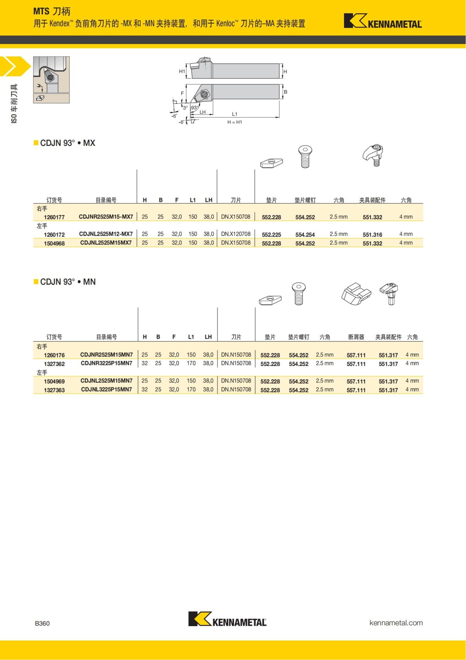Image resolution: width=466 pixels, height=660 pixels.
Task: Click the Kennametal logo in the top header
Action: point(383,21)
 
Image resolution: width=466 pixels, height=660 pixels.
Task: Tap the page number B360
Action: point(42,623)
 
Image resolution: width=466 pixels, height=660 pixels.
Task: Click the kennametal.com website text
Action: point(396,623)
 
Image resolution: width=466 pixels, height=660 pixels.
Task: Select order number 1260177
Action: point(54,217)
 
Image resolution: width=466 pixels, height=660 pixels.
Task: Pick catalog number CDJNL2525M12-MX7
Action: point(106,234)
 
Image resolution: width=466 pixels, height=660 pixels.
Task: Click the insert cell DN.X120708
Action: point(236,234)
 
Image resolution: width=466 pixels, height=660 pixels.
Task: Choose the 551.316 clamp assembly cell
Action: point(372,235)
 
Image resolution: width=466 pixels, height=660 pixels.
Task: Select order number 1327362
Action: point(54,364)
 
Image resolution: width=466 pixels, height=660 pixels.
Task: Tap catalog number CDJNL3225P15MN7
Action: point(106,390)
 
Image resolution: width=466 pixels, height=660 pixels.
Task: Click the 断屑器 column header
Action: point(356,337)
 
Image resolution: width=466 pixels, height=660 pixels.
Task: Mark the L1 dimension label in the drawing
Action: point(235,114)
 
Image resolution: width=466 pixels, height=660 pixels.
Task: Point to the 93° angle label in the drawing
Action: point(195,108)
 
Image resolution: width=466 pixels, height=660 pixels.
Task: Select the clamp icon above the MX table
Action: point(373,155)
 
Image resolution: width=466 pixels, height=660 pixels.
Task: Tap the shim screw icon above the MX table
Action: point(305,156)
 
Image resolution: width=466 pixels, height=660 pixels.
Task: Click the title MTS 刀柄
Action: point(52,11)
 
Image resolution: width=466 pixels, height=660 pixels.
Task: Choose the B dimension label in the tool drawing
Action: point(285,92)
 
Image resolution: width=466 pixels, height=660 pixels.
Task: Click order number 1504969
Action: point(54,382)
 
